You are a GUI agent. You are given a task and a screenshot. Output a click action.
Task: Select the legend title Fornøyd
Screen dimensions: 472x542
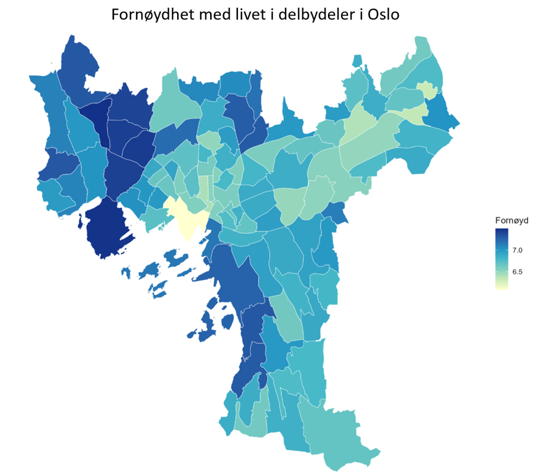coord(512,220)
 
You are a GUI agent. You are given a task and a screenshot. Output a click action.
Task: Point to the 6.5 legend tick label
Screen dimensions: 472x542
coord(517,272)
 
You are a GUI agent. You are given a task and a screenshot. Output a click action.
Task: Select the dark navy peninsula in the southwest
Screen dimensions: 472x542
coord(109,229)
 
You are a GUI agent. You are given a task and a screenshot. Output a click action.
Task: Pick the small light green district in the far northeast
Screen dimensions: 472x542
coord(429,90)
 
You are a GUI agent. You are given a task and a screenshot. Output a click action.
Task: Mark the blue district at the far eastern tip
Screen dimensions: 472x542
coord(441,115)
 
